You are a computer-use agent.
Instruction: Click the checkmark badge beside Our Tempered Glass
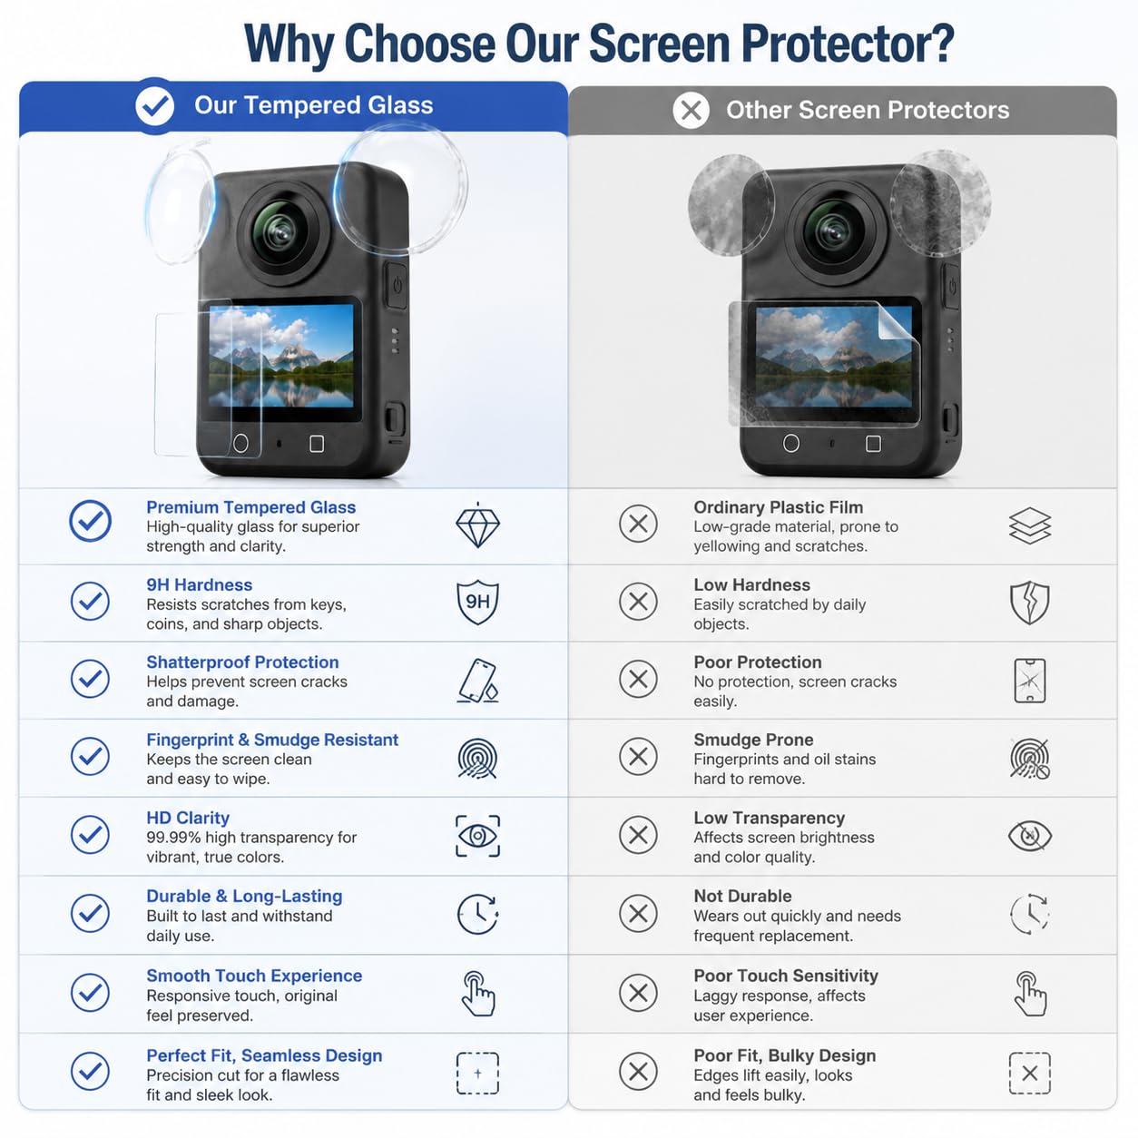(x=154, y=105)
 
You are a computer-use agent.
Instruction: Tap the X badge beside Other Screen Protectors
(x=691, y=110)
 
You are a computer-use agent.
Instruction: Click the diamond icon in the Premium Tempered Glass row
(x=477, y=525)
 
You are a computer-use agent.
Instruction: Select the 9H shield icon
(x=477, y=602)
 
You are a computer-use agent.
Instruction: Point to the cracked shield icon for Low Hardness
(x=1029, y=602)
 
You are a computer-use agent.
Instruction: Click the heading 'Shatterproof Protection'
(x=242, y=662)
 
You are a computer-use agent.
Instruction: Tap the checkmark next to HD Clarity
(x=90, y=835)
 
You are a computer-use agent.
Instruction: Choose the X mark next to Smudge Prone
(x=638, y=757)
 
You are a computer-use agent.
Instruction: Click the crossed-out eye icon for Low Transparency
(x=1029, y=836)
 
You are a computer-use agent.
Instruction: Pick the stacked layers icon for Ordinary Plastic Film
(x=1029, y=525)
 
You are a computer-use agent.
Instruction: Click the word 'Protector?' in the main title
(x=848, y=44)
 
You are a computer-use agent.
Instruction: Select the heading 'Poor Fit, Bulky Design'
(x=784, y=1055)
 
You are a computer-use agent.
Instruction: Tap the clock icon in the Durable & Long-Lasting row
(x=477, y=914)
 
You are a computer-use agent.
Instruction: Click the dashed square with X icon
(x=1029, y=1073)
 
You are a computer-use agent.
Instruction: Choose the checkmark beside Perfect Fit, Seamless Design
(x=90, y=1071)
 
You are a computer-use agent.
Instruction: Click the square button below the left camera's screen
(x=317, y=444)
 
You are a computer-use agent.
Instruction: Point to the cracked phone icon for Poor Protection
(x=1029, y=681)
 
